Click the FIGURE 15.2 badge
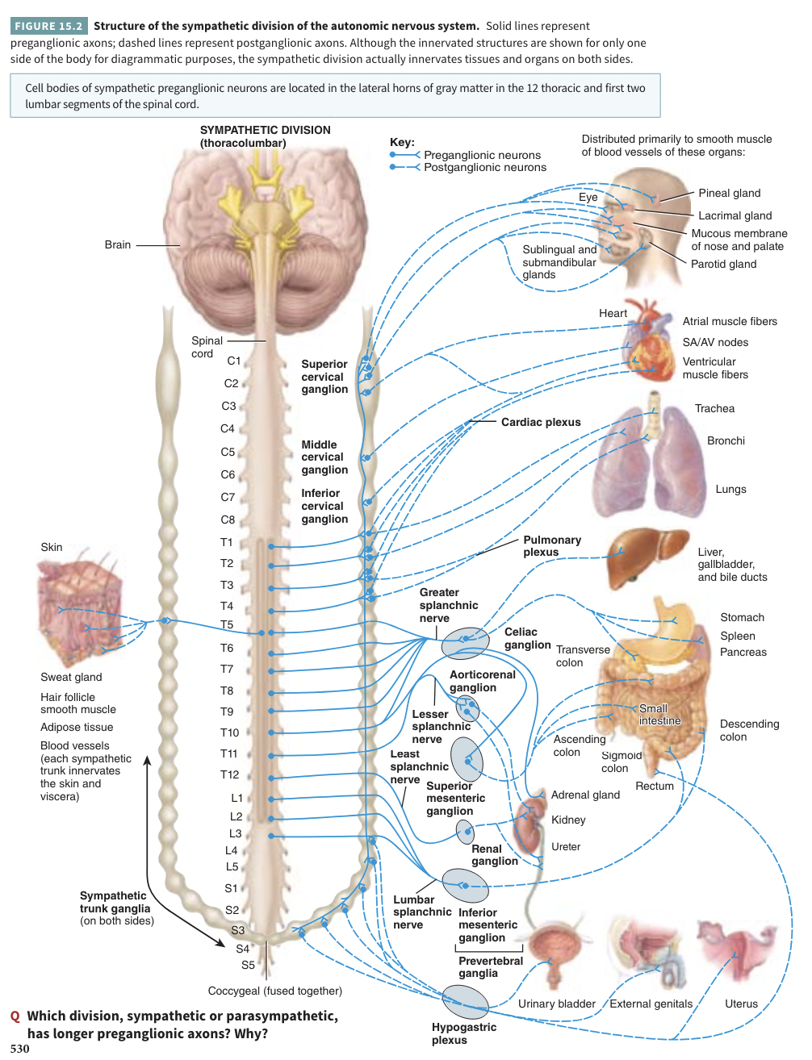(x=48, y=26)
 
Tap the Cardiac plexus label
(x=540, y=422)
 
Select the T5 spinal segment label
(x=227, y=625)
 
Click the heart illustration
(x=651, y=342)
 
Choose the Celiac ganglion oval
(x=465, y=643)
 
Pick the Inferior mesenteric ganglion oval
(x=466, y=885)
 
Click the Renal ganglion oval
(x=465, y=831)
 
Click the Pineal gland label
(x=729, y=193)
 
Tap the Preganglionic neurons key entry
(x=482, y=155)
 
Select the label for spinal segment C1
(x=234, y=361)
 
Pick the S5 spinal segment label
(x=248, y=965)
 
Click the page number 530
(x=20, y=1049)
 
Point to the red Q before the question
(x=15, y=1016)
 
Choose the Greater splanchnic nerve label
(x=448, y=605)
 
